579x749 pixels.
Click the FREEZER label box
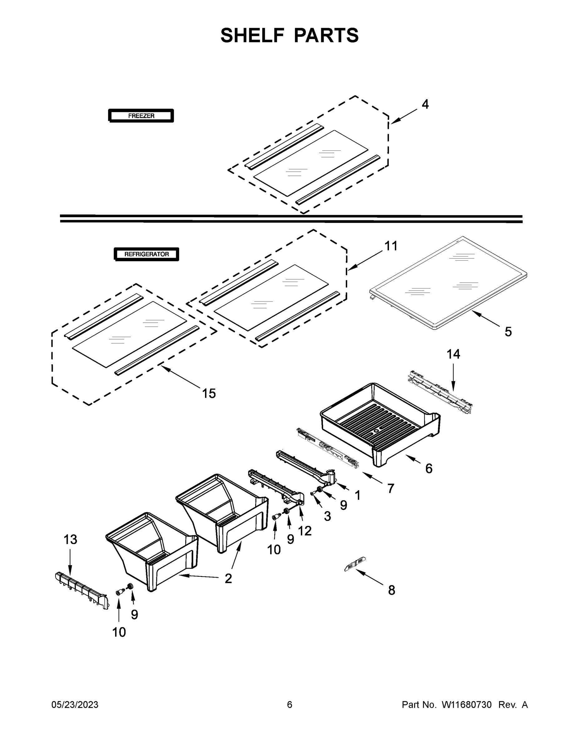(141, 116)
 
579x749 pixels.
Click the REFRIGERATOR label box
(146, 254)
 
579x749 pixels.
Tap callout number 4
(425, 104)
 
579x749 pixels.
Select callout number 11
(391, 246)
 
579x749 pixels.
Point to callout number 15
(209, 393)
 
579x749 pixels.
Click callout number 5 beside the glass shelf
(508, 332)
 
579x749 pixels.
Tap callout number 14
(453, 354)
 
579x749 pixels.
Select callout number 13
(70, 540)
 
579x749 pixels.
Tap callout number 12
(305, 531)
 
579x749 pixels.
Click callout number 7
(391, 488)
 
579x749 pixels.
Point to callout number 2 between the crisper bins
(228, 579)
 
